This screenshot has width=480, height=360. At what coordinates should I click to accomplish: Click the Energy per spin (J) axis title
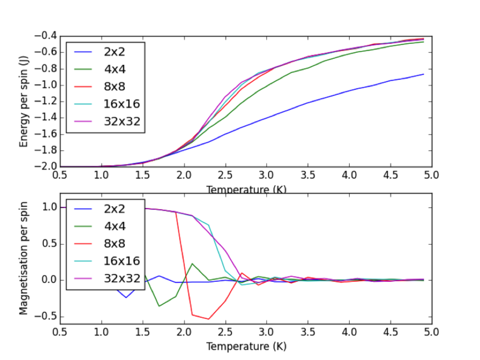tap(24, 102)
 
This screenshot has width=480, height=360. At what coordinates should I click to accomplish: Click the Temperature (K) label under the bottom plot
tap(246, 347)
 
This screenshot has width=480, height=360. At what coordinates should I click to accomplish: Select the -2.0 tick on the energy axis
tap(45, 166)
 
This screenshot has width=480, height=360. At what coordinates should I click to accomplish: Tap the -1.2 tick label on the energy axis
tap(45, 101)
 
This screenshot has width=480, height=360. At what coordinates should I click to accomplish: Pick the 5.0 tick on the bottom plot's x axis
tap(431, 331)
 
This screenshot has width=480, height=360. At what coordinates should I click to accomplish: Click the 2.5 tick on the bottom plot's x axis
tap(225, 331)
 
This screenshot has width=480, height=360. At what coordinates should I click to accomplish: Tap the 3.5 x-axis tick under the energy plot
tap(308, 175)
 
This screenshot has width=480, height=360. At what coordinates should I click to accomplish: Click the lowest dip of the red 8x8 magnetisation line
tap(208, 319)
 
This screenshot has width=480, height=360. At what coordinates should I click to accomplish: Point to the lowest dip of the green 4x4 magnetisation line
tap(159, 306)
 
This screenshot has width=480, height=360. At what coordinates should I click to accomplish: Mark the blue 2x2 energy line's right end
tap(424, 74)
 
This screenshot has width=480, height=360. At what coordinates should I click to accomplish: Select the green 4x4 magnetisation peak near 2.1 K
tap(192, 263)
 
